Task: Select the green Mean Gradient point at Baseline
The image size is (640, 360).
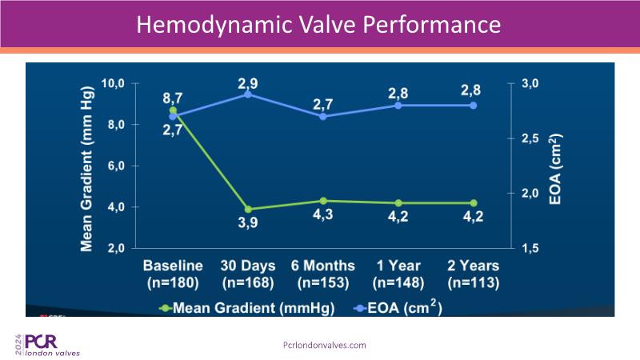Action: (172, 110)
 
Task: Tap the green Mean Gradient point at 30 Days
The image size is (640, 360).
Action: (248, 210)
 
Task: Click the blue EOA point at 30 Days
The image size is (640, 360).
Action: (248, 94)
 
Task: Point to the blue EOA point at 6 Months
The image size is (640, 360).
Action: (322, 116)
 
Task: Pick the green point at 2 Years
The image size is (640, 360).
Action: (474, 203)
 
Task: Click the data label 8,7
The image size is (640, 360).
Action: (172, 98)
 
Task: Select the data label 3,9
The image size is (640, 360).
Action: (248, 224)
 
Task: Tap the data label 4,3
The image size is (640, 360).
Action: (322, 216)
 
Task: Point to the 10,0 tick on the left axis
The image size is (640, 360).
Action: (114, 83)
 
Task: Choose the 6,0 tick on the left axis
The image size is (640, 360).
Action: (114, 166)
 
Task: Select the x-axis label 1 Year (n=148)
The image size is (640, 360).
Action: (398, 274)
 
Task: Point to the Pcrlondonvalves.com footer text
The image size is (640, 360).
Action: (325, 345)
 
